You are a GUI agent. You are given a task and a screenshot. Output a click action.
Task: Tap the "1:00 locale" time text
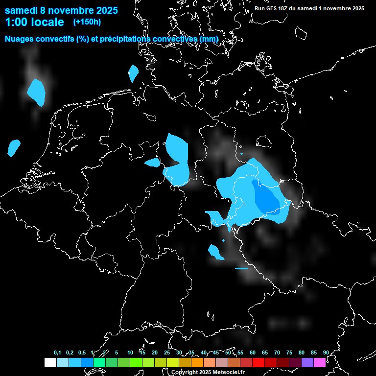click(34, 22)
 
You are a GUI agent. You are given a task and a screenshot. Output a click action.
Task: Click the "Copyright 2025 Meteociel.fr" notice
click(208, 372)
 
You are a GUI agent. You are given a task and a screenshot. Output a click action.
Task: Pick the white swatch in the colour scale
click(50, 362)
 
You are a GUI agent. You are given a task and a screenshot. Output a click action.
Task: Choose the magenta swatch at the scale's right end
click(320, 362)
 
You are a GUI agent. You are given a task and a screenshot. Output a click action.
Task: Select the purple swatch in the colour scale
click(307, 362)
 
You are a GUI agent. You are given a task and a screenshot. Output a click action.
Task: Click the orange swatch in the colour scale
click(197, 362)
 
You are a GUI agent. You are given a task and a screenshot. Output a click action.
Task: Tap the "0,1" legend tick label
click(57, 352)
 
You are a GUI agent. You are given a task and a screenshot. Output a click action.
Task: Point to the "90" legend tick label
click(326, 352)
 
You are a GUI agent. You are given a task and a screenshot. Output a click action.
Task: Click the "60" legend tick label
click(252, 352)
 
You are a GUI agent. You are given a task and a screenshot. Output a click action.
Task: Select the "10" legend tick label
click(130, 352)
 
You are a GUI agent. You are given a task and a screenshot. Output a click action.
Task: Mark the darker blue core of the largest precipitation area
click(267, 198)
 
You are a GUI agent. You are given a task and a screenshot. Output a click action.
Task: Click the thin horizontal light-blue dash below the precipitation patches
click(241, 268)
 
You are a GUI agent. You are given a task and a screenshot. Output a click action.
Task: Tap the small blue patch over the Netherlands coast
click(14, 146)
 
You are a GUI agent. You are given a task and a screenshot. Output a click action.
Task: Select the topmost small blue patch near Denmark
click(133, 73)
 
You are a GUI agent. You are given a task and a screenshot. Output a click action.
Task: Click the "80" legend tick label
click(301, 352)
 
